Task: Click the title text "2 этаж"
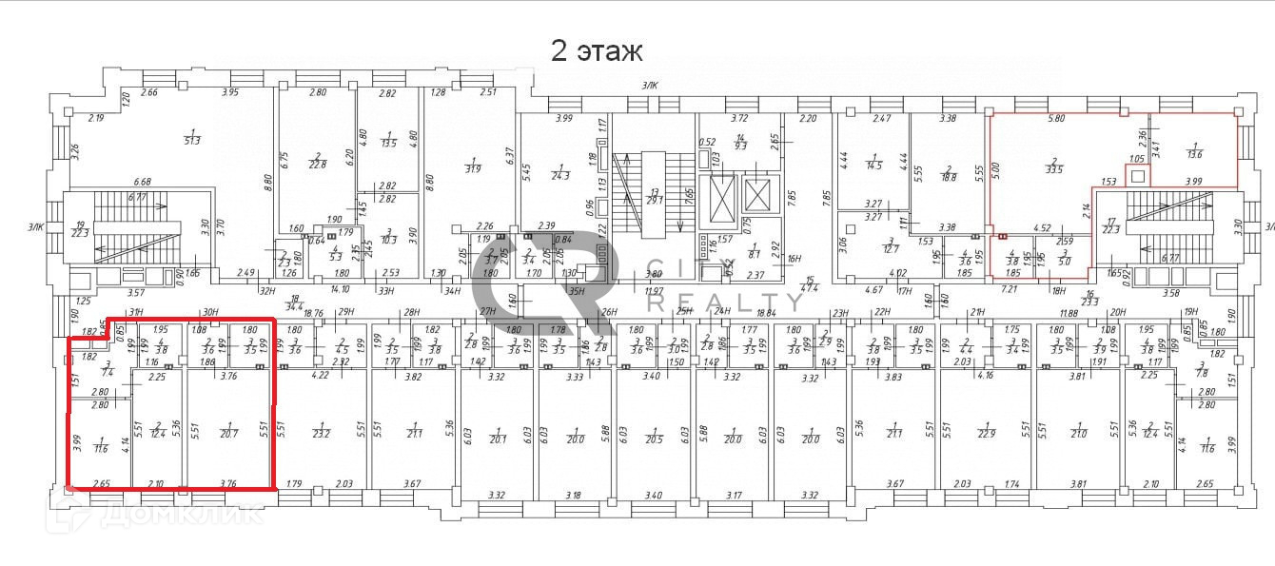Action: tap(597, 50)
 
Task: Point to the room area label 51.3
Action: tap(193, 141)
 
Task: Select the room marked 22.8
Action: tap(316, 164)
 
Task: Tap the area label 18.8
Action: tap(949, 177)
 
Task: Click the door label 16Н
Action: tap(768, 257)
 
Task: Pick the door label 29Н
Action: tap(346, 312)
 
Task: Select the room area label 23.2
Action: tap(321, 434)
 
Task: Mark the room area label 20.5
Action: tap(653, 439)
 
